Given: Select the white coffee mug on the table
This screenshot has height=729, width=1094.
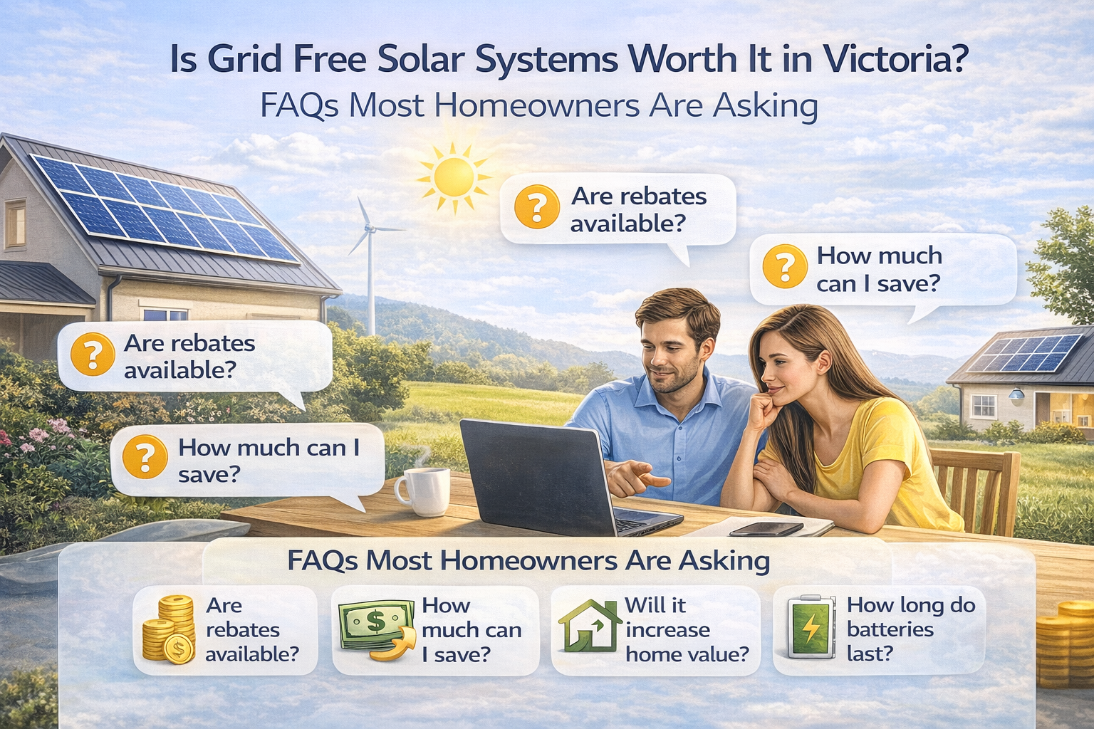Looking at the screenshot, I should coord(424,491).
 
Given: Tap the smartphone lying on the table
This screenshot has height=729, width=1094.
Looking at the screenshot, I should coord(766,529).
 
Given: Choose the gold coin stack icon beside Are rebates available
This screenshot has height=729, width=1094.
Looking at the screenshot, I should coord(170,629).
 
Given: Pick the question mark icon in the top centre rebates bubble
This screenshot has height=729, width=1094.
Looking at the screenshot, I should coord(536,206).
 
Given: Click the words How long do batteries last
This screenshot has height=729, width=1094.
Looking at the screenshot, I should coord(910,629).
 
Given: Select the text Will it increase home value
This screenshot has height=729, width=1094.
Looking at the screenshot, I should coord(686,629).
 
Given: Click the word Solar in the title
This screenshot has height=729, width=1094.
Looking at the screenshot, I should coord(421,59).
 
